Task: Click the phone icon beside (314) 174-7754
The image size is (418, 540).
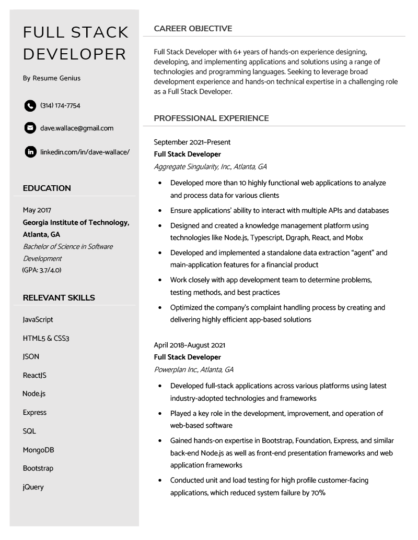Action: pyautogui.click(x=30, y=106)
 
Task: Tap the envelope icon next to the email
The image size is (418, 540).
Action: pyautogui.click(x=30, y=128)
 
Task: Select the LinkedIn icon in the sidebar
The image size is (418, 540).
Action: pyautogui.click(x=30, y=152)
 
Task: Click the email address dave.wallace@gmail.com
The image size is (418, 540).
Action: pyautogui.click(x=77, y=128)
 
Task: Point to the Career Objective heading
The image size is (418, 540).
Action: pyautogui.click(x=193, y=29)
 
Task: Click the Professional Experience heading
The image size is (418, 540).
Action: pyautogui.click(x=211, y=118)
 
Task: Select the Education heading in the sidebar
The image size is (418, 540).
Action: pyautogui.click(x=47, y=188)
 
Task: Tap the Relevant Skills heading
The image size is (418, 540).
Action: pyautogui.click(x=59, y=298)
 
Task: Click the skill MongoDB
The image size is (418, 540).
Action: pyautogui.click(x=38, y=450)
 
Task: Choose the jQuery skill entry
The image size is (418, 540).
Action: pyautogui.click(x=33, y=487)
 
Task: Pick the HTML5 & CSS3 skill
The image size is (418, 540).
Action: pyautogui.click(x=46, y=339)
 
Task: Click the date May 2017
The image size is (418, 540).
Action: pyautogui.click(x=37, y=210)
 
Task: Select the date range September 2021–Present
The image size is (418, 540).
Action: pyautogui.click(x=192, y=142)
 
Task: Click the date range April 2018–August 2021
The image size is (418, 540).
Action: pyautogui.click(x=190, y=345)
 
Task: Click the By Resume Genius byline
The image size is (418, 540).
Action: pyautogui.click(x=52, y=78)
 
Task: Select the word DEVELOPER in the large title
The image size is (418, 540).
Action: pyautogui.click(x=75, y=54)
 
